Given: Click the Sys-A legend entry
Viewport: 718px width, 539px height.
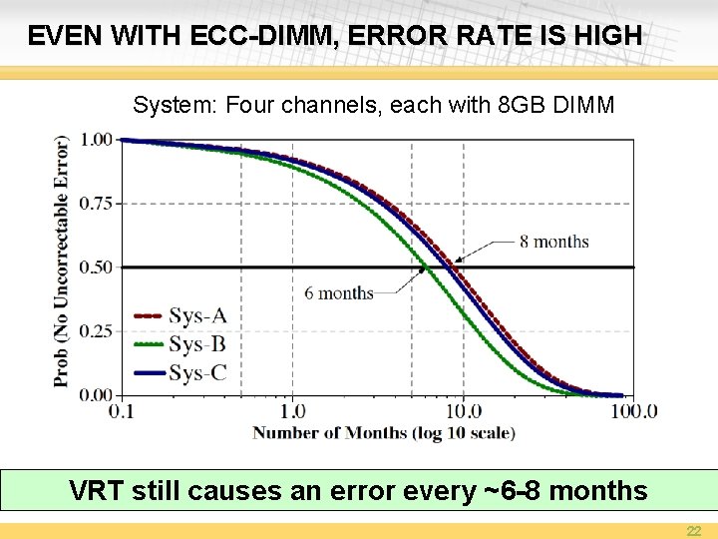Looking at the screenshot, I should (x=197, y=316).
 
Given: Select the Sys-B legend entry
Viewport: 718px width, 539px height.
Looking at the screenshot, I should (x=197, y=345).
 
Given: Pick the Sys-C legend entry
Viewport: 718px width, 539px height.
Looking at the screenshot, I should (x=197, y=374).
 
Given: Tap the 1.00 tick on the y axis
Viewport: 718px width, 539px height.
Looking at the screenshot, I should (x=96, y=140).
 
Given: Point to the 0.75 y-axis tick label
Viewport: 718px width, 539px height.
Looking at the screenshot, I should (x=96, y=204).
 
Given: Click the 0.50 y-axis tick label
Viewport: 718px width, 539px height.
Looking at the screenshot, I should (x=96, y=268).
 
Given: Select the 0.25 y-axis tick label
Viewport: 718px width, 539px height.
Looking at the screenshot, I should (x=96, y=331).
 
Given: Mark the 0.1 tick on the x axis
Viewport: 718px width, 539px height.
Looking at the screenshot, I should (x=122, y=411).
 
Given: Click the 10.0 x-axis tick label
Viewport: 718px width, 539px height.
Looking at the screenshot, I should (x=463, y=411).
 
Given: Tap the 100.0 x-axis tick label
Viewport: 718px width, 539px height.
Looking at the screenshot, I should (x=634, y=411).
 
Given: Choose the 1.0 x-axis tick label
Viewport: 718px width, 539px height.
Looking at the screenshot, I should (x=292, y=411).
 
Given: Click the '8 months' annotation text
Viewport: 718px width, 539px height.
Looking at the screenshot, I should (x=554, y=242).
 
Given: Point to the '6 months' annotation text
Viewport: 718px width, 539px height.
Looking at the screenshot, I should (x=339, y=293).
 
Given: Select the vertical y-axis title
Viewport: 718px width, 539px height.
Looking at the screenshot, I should (x=62, y=262).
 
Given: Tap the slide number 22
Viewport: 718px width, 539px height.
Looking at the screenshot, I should (x=693, y=529).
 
